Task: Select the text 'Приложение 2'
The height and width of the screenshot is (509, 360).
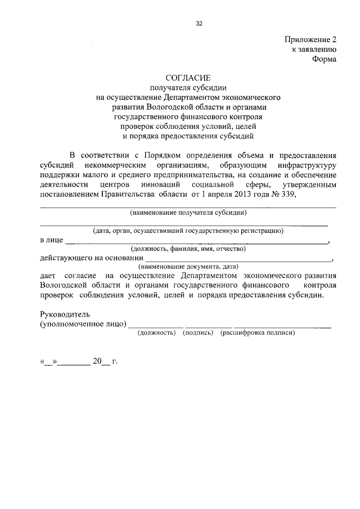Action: [310, 40]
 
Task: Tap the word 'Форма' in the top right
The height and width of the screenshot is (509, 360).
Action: [324, 60]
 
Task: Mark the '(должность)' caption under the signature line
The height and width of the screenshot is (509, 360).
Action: [157, 332]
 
